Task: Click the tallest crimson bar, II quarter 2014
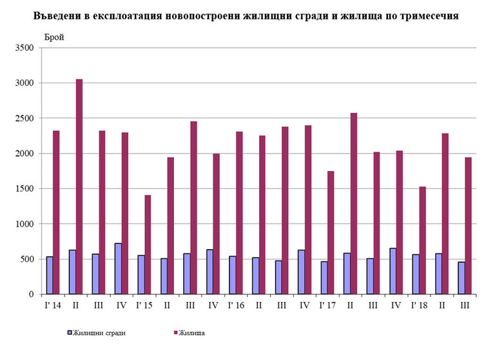[79, 186]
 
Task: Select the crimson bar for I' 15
[148, 245]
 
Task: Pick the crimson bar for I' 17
[331, 232]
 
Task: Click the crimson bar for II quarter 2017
[353, 204]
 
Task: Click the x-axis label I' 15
[144, 305]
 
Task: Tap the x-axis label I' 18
[419, 305]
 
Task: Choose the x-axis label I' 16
[236, 305]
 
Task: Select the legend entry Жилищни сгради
[97, 333]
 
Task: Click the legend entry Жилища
[193, 333]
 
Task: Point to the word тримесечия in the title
[430, 16]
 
